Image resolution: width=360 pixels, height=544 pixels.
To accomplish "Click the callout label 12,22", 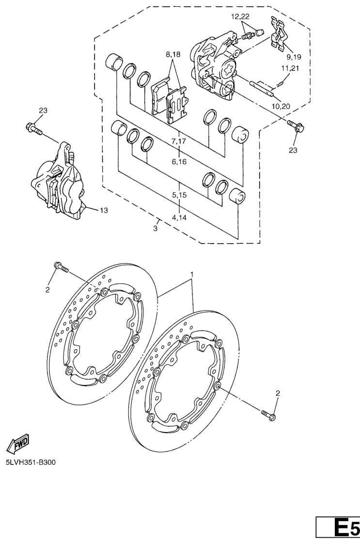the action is pyautogui.click(x=240, y=16).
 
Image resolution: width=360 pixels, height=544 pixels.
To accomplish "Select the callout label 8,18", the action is pyautogui.click(x=173, y=54).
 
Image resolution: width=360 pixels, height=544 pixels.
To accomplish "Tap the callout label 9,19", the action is pyautogui.click(x=294, y=57).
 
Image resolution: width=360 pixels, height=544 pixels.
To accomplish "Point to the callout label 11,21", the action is pyautogui.click(x=290, y=68).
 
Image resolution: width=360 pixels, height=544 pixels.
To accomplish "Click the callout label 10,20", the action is pyautogui.click(x=281, y=106).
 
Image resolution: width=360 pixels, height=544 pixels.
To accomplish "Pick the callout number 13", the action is pyautogui.click(x=104, y=210).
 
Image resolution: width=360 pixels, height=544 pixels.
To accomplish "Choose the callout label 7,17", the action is pyautogui.click(x=179, y=141).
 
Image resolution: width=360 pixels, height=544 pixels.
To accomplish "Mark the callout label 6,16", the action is pyautogui.click(x=179, y=162).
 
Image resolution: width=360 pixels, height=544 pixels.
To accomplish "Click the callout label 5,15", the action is pyautogui.click(x=179, y=195).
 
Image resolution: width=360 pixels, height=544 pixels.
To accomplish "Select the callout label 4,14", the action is pyautogui.click(x=179, y=218).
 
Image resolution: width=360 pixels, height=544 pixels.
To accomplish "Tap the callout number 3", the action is pyautogui.click(x=155, y=229).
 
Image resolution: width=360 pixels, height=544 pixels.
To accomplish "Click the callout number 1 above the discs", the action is pyautogui.click(x=191, y=275).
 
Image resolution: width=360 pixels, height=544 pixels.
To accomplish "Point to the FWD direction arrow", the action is pyautogui.click(x=18, y=444).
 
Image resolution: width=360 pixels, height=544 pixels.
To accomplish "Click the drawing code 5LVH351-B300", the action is pyautogui.click(x=31, y=463).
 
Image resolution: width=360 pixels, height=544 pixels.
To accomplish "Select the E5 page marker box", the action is pyautogui.click(x=338, y=528).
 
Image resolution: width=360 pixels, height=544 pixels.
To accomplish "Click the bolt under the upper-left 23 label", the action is pyautogui.click(x=33, y=128).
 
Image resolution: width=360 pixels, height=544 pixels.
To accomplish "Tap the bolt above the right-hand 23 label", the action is pyautogui.click(x=296, y=126).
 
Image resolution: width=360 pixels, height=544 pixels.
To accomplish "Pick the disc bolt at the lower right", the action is pyautogui.click(x=269, y=415).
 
